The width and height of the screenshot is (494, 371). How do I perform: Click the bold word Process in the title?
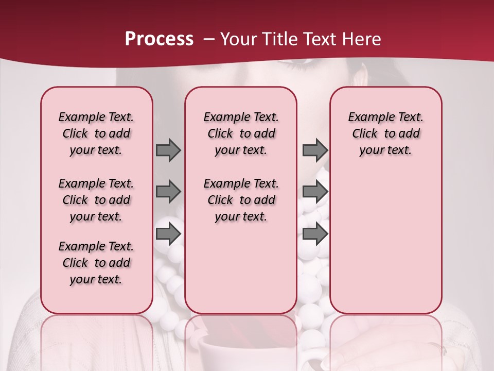[159, 39]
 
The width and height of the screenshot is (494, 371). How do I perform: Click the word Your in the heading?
[238, 39]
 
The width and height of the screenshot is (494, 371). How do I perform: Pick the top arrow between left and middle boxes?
[168, 150]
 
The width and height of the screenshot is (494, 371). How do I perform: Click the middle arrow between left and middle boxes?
[168, 192]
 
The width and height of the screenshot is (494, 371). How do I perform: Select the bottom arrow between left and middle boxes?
[168, 234]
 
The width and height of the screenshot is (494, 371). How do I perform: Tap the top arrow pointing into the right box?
[315, 150]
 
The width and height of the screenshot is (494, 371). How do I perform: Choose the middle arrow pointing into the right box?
[315, 192]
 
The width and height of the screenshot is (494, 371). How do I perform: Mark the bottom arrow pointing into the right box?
[315, 234]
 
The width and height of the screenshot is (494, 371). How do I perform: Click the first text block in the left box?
[96, 133]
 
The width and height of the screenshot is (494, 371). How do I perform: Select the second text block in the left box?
[96, 200]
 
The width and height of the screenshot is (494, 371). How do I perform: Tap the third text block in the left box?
[96, 263]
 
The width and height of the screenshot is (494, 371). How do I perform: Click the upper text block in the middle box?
[241, 133]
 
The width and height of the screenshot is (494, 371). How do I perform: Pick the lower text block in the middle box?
[241, 200]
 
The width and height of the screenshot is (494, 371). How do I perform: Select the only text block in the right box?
[385, 133]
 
